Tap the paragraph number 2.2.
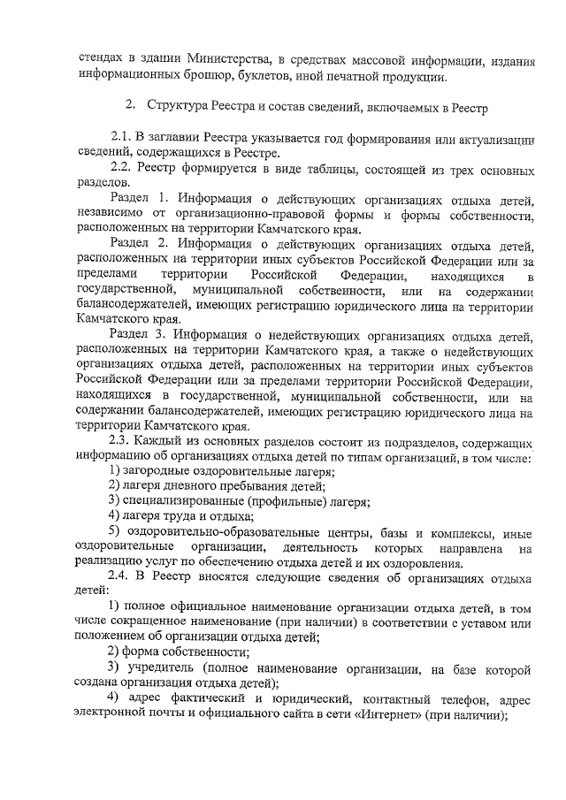coord(120,166)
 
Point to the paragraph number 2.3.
coord(119,441)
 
